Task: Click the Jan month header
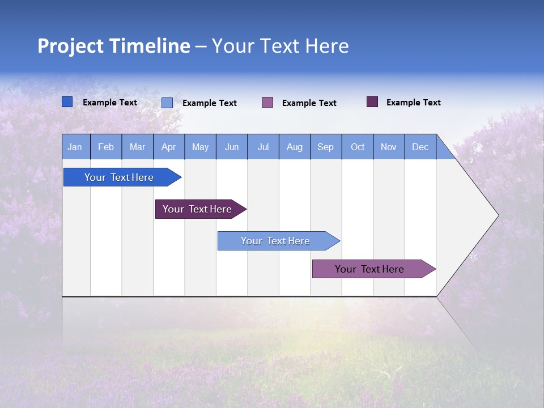pos(75,147)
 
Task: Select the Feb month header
pos(106,147)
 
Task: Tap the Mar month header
pos(137,147)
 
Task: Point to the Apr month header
pos(169,147)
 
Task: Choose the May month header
pos(200,147)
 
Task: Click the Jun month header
pos(232,147)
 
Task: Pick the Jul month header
pos(263,147)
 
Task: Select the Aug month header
pos(295,147)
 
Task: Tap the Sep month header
pos(326,147)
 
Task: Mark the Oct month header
pos(358,147)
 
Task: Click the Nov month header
pos(389,147)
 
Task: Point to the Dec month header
pos(420,147)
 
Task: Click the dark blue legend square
pos(67,102)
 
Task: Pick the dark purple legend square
pos(372,102)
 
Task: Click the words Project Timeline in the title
pos(114,46)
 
